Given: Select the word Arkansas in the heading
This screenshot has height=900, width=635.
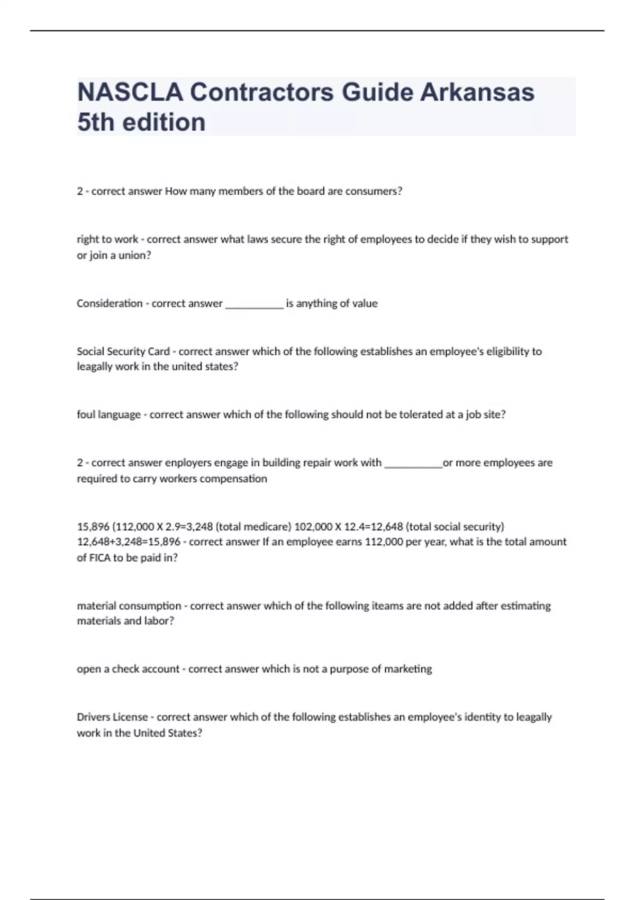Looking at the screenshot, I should pyautogui.click(x=477, y=92).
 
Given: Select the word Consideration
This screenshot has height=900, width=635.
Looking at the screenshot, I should pyautogui.click(x=110, y=303).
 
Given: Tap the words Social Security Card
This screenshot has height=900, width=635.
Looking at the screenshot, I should pyautogui.click(x=123, y=351).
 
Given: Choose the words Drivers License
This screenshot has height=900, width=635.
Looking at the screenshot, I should pyautogui.click(x=112, y=717).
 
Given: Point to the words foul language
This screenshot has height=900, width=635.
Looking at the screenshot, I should pyautogui.click(x=108, y=415).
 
